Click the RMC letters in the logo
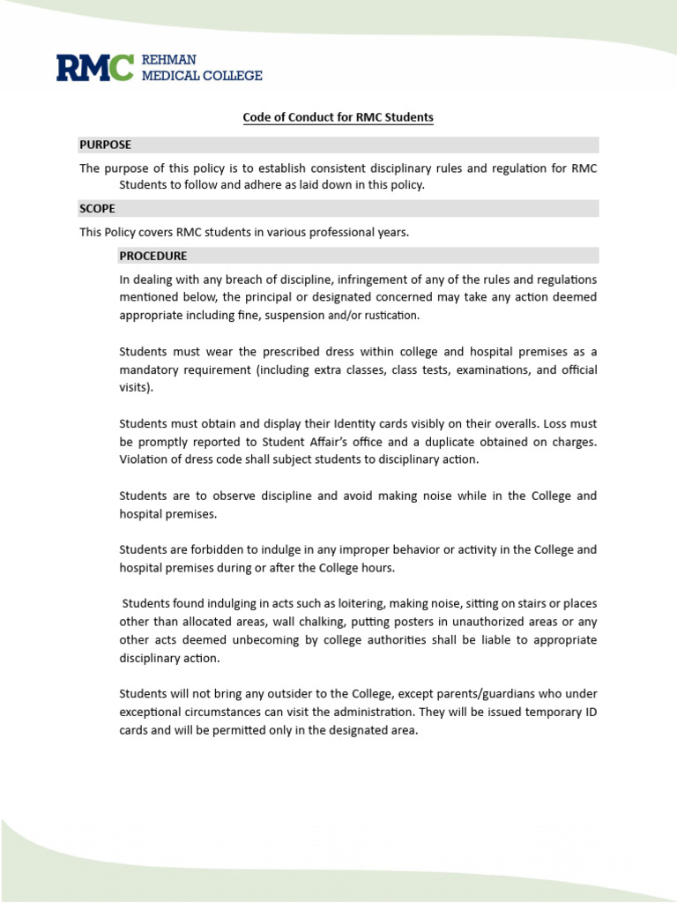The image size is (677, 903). [x=95, y=68]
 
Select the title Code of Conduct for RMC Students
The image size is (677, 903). [x=338, y=116]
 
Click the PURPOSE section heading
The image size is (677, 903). [x=106, y=145]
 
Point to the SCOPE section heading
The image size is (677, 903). [x=97, y=208]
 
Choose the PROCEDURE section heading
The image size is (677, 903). [x=153, y=256]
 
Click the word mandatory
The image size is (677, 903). [x=153, y=369]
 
